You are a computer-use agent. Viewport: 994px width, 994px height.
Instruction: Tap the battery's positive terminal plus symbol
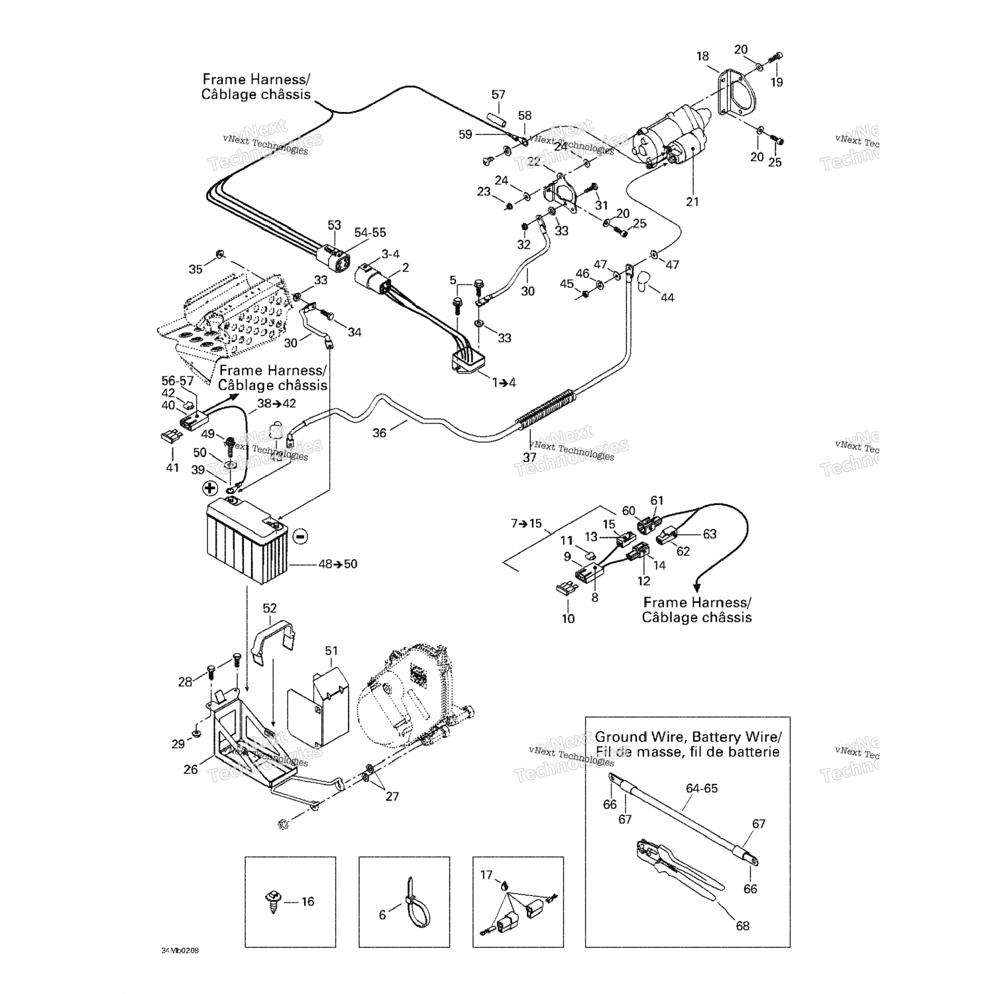[209, 488]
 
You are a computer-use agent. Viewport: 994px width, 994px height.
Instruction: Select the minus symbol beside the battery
[300, 535]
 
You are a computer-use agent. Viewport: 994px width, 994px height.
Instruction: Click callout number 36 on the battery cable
[379, 433]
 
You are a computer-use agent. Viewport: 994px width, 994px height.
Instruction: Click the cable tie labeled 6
[415, 901]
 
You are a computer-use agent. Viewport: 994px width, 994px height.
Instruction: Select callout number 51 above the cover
[331, 651]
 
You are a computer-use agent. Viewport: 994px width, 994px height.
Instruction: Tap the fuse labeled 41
[170, 437]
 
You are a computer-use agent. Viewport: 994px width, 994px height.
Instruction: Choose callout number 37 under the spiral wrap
[529, 457]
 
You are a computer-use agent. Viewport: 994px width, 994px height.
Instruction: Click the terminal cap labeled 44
[645, 282]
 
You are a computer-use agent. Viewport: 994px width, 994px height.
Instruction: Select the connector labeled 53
[333, 255]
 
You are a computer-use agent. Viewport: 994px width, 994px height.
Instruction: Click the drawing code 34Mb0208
[180, 951]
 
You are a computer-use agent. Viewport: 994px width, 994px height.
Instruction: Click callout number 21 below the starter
[692, 201]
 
